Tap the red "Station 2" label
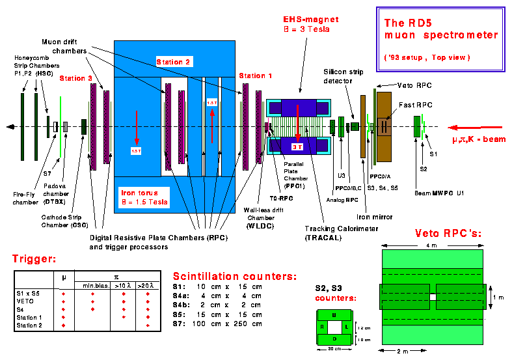[x=174, y=62]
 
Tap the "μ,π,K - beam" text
[x=479, y=139]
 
